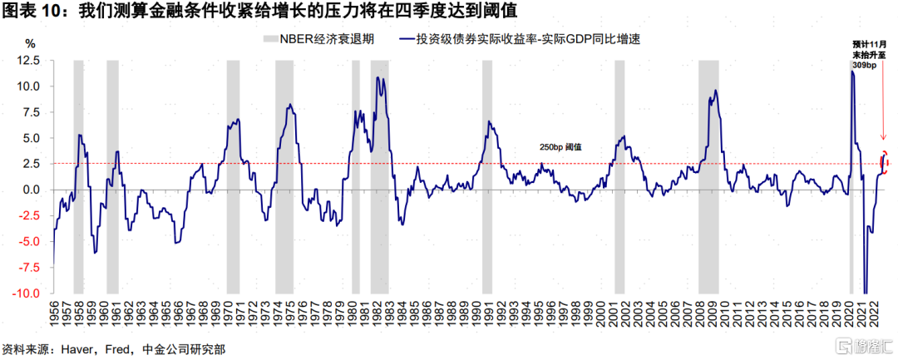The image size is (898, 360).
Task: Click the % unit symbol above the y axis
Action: coord(30,42)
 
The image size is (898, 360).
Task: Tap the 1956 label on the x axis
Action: coord(55,314)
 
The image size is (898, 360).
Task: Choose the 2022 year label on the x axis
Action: coord(876,314)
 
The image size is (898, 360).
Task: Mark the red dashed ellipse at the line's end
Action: coord(885,162)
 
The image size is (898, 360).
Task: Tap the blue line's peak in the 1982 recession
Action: coord(378,78)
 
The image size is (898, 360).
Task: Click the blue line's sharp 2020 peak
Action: coord(852,72)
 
